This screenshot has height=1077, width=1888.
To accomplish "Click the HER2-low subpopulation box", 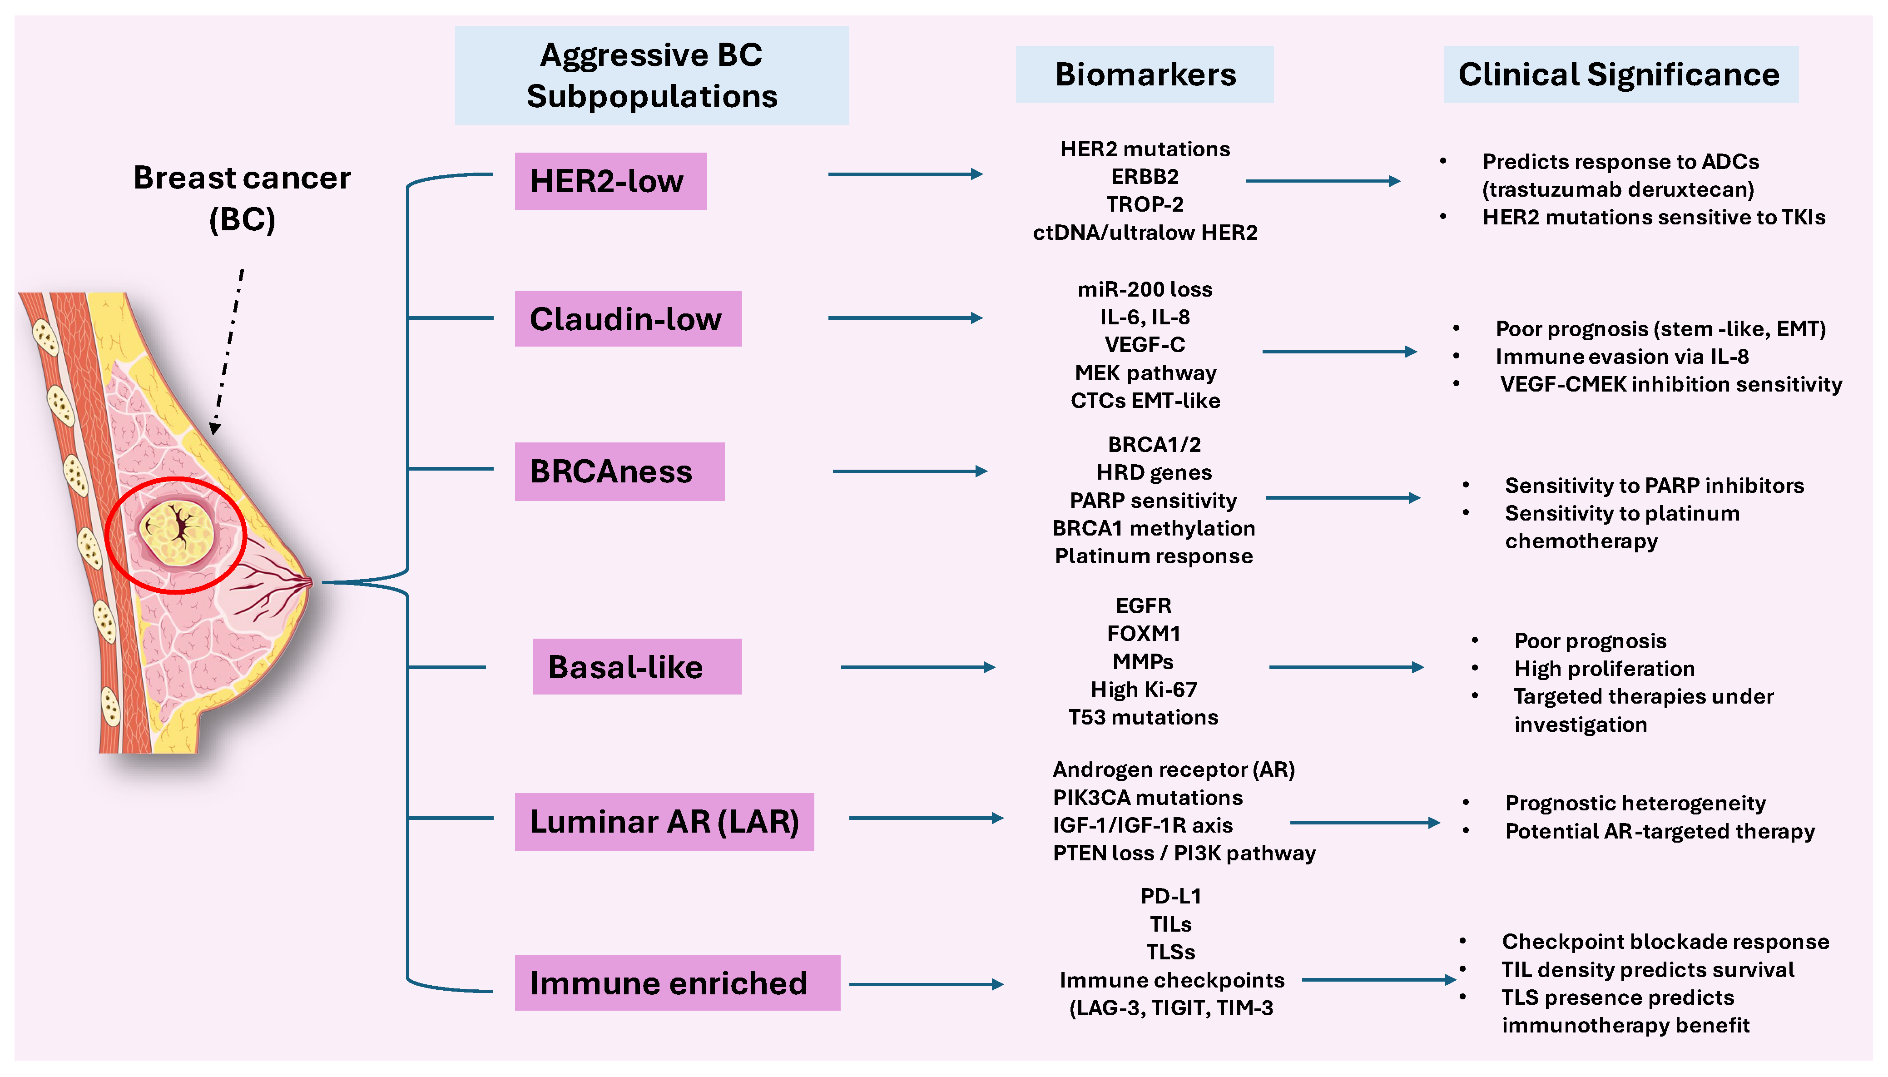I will pos(610,181).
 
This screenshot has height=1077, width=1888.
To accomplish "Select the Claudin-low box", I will pos(628,319).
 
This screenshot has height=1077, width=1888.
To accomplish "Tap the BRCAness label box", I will pos(619,472).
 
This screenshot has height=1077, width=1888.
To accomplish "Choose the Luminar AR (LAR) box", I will pos(664,822).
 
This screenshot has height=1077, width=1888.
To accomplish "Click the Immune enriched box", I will pos(677,983).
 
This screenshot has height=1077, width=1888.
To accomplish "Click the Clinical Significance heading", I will pos(1620,74).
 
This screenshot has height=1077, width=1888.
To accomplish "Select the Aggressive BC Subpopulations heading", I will pos(651,75).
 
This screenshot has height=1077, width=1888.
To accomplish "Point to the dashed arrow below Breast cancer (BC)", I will pos(228,352).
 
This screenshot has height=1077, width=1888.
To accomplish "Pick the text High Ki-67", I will pos(1143,690).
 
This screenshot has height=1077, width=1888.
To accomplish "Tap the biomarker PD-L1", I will pos(1171,897).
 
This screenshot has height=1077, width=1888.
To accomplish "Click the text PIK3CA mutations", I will pos(1147,797).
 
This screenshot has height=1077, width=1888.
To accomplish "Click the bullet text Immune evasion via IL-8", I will pos(1622,357).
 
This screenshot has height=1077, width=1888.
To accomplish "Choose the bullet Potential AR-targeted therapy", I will pos(1660,831).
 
